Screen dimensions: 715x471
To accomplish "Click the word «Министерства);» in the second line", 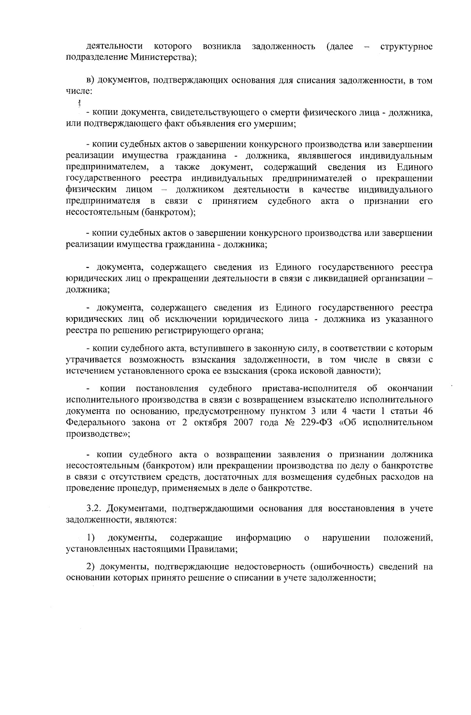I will (163, 58).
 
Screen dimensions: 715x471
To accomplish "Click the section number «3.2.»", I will (94, 509).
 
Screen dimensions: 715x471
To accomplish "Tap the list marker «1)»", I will (91, 538).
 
